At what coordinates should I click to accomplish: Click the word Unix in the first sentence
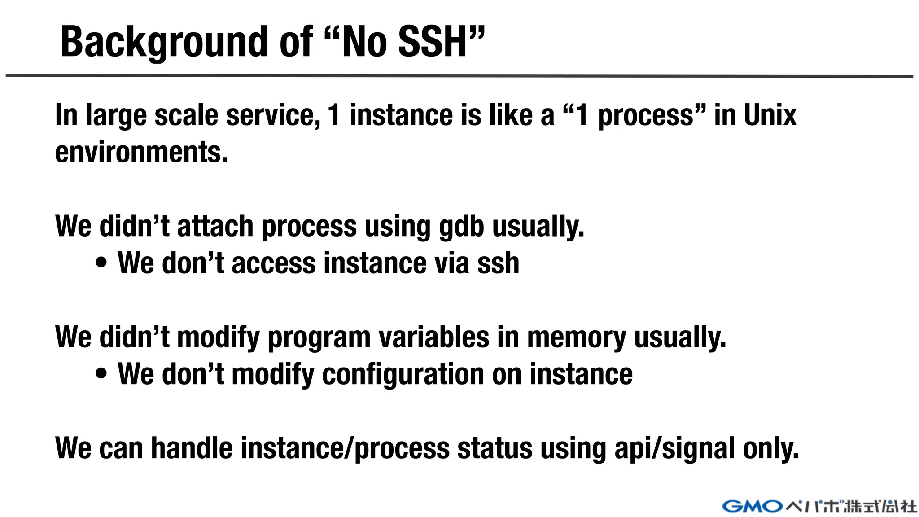pos(770,115)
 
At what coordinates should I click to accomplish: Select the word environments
pos(141,152)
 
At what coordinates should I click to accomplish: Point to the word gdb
pos(461,226)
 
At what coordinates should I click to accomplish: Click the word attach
pos(215,226)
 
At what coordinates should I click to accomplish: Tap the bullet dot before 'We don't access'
pos(102,263)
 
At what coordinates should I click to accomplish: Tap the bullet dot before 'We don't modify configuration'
pos(102,374)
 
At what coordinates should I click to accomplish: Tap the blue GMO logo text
pos(753,506)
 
